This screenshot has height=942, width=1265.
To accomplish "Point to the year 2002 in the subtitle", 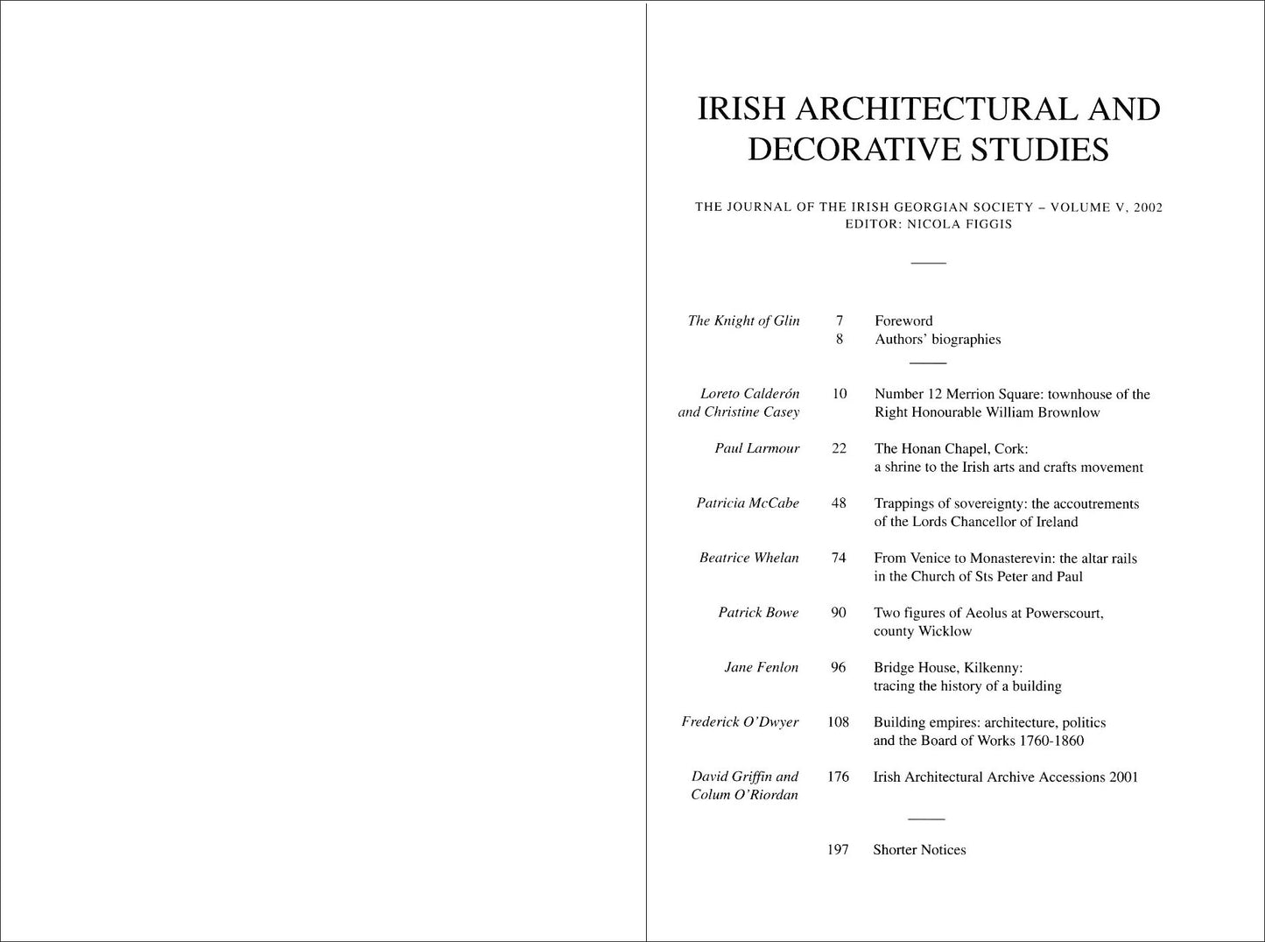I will click(x=1147, y=207).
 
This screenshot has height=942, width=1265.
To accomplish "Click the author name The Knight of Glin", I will click(x=743, y=320).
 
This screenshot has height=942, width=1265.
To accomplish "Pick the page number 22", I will click(x=839, y=448).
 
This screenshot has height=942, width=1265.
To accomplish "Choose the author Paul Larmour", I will click(x=756, y=448).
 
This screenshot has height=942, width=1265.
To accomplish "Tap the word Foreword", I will click(x=903, y=320).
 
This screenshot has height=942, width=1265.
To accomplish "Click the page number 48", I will click(x=839, y=503).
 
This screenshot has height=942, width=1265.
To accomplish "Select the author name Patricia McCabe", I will click(x=748, y=503).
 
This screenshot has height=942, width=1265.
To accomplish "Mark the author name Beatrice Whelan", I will click(x=748, y=558).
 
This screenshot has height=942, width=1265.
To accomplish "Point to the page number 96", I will click(x=838, y=667).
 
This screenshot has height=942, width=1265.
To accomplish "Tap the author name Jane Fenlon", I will click(x=761, y=667).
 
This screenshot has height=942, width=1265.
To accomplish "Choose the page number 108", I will click(x=838, y=722).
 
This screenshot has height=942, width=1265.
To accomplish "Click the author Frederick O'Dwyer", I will click(x=740, y=722).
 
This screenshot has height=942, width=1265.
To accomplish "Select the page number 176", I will click(x=838, y=777).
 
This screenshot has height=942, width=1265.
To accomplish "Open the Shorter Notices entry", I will click(x=919, y=850).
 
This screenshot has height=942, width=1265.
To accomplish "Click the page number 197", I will click(x=838, y=850).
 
